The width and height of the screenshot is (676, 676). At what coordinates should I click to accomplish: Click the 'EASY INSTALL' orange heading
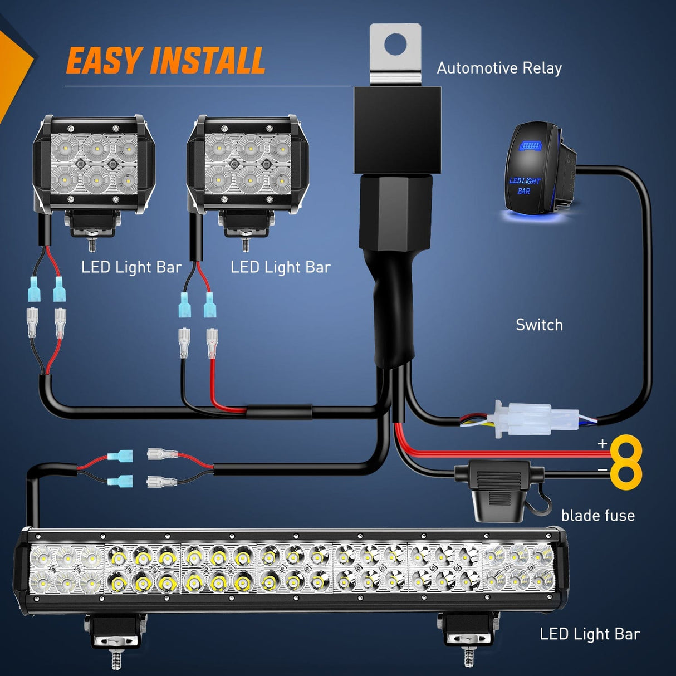[165, 61]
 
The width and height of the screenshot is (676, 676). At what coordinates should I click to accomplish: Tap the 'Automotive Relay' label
[499, 68]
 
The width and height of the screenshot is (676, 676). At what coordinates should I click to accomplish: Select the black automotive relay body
[397, 129]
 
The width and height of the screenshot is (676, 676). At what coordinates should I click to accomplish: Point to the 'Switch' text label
[539, 325]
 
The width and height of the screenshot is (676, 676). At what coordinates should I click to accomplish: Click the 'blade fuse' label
[597, 516]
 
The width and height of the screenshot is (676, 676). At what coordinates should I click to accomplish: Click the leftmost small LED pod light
[94, 164]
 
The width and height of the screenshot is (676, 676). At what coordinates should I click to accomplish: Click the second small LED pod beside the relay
[247, 164]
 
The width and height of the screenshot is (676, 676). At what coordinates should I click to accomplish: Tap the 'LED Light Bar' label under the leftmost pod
[131, 267]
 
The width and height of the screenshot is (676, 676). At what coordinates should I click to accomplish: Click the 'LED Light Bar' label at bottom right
[590, 634]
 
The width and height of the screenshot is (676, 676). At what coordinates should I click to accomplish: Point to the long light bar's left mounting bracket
[116, 632]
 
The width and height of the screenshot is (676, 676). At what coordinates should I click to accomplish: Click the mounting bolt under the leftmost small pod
[92, 243]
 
